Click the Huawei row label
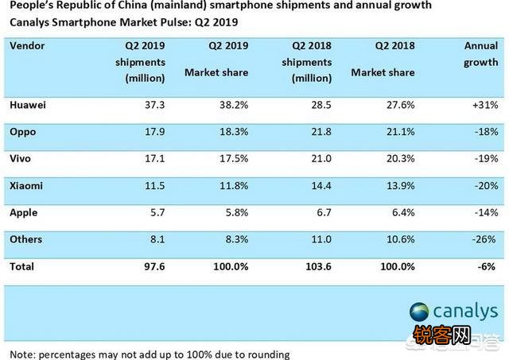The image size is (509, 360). click(28, 104)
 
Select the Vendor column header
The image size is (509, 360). click(29, 45)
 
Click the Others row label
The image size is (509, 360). click(26, 239)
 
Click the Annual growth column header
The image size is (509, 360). click(480, 53)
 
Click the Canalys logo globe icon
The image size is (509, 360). click(419, 312)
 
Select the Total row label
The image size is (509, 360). click(22, 267)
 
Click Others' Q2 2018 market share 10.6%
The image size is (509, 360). click(398, 239)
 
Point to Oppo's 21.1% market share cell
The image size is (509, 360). click(398, 131)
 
